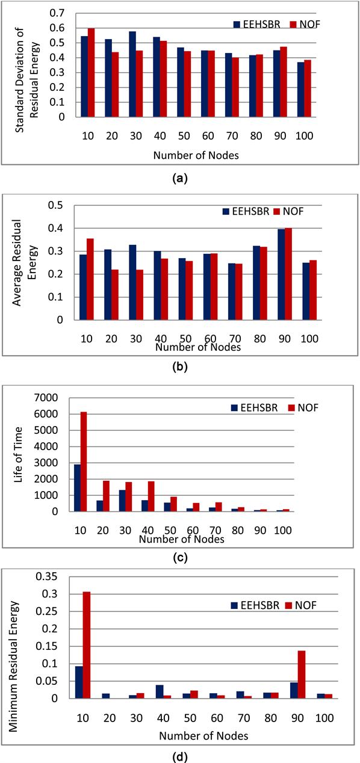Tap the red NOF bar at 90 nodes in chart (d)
(x=301, y=675)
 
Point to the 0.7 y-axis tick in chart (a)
(x=57, y=13)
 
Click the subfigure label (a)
(x=180, y=179)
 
